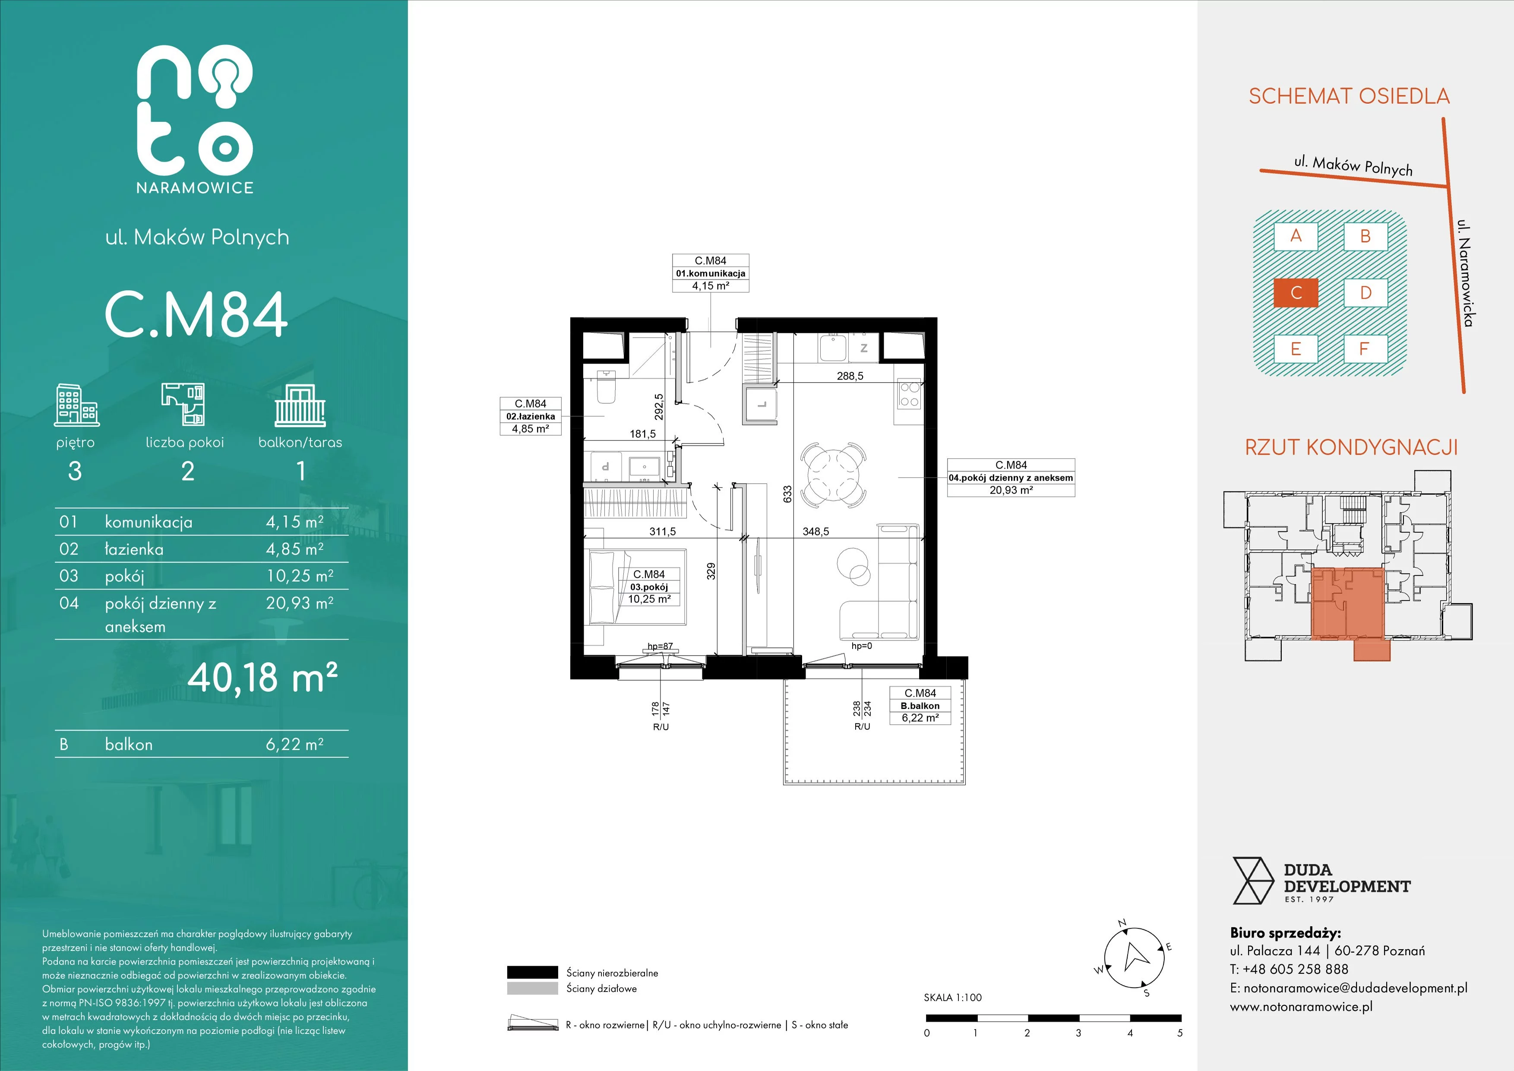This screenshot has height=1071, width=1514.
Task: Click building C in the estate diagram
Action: tap(1296, 293)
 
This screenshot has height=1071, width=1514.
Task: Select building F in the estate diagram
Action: tap(1365, 349)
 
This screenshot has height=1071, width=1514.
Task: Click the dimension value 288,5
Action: tap(850, 376)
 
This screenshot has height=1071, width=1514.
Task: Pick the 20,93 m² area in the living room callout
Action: tap(1011, 490)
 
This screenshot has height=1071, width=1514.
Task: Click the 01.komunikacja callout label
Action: tap(710, 273)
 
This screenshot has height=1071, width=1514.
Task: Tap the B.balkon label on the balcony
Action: tap(920, 706)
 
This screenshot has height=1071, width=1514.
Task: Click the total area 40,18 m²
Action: tap(263, 677)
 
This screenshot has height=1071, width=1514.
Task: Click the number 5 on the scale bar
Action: tap(1180, 1033)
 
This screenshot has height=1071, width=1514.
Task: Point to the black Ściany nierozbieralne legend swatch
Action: tap(532, 972)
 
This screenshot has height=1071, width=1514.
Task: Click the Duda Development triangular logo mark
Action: tap(1252, 881)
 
